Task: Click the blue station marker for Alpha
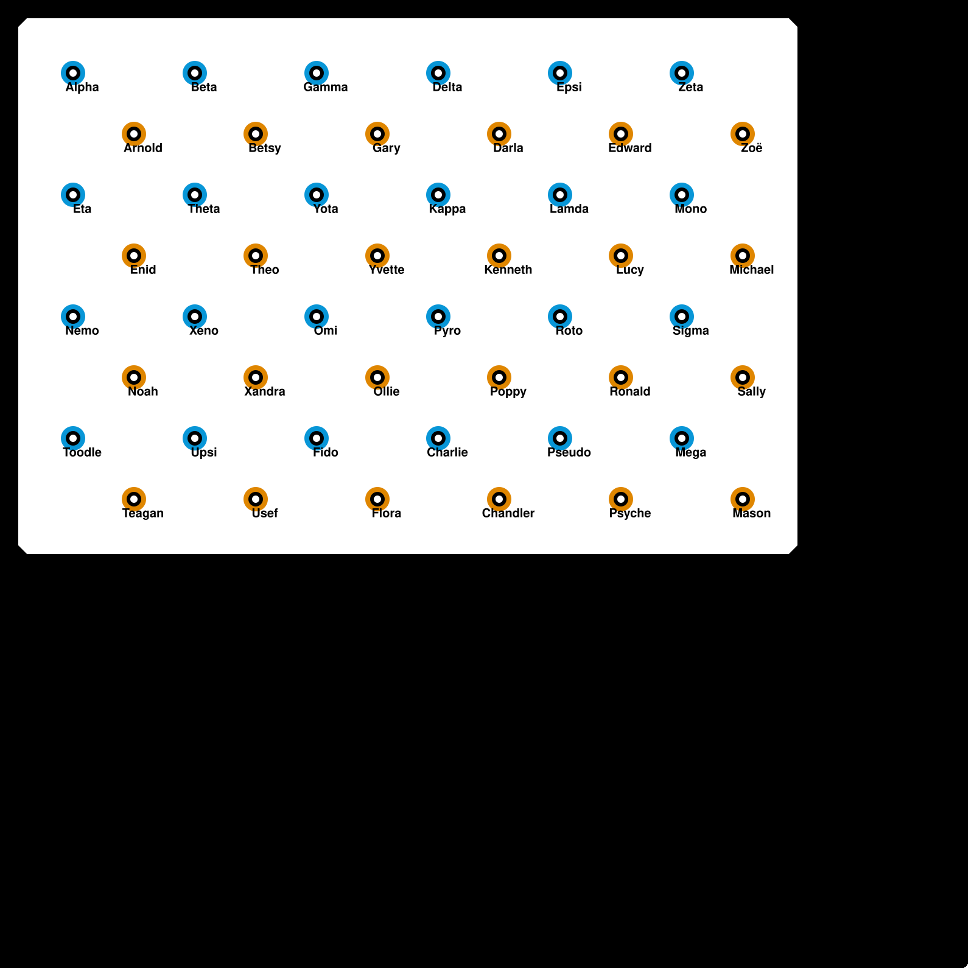click(73, 73)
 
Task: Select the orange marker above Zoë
click(743, 134)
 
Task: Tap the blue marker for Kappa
click(438, 195)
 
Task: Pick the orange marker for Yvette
click(377, 256)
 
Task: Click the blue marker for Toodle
click(73, 438)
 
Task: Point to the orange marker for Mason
click(743, 499)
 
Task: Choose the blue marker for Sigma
click(682, 317)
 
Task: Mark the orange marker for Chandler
click(499, 499)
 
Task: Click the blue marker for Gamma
click(317, 73)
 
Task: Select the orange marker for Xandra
click(256, 377)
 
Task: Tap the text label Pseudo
click(569, 452)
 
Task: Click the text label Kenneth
click(508, 270)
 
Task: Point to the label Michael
click(752, 270)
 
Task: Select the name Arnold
click(143, 148)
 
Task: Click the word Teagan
click(143, 513)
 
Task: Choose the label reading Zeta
click(691, 87)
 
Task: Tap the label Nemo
click(82, 331)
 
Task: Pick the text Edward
click(630, 148)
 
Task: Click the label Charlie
click(447, 452)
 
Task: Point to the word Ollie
click(387, 391)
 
